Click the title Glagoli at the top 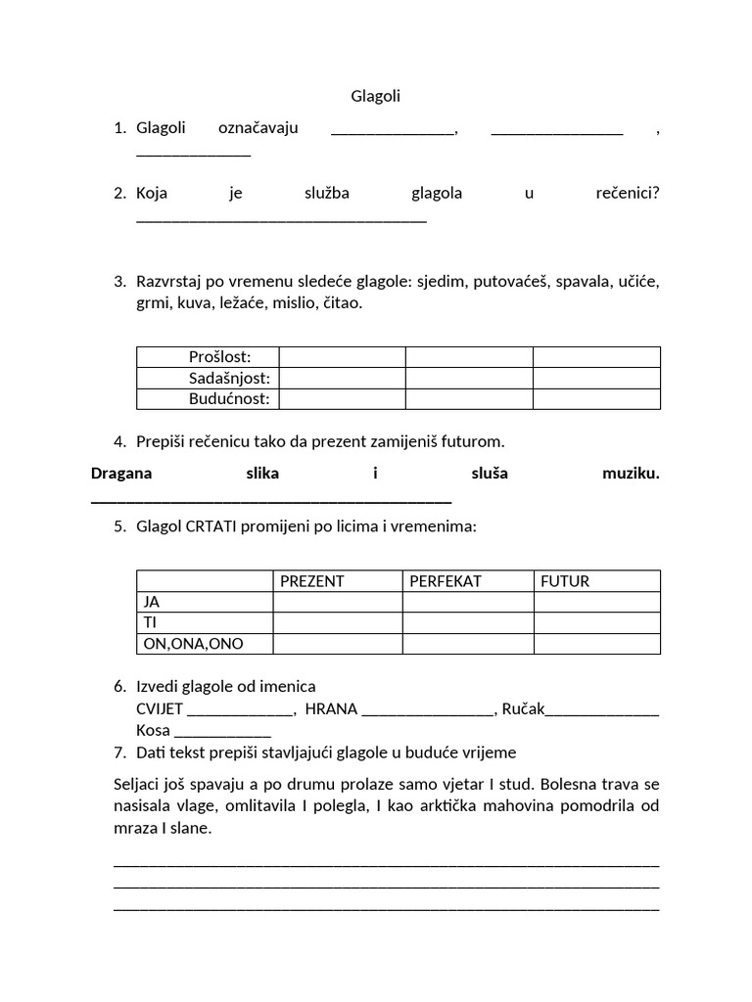tap(375, 96)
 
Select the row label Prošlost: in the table tap(219, 357)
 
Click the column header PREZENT tap(312, 581)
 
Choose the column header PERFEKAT tap(446, 581)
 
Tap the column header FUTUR tap(565, 581)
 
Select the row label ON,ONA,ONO tap(193, 643)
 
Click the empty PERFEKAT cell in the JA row tap(467, 602)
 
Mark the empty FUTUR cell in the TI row tap(596, 622)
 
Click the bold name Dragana tap(122, 474)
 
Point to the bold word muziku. tap(631, 474)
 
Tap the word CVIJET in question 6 tap(160, 709)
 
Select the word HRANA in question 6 tap(331, 709)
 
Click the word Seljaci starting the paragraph tap(140, 786)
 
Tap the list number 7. tap(118, 752)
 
